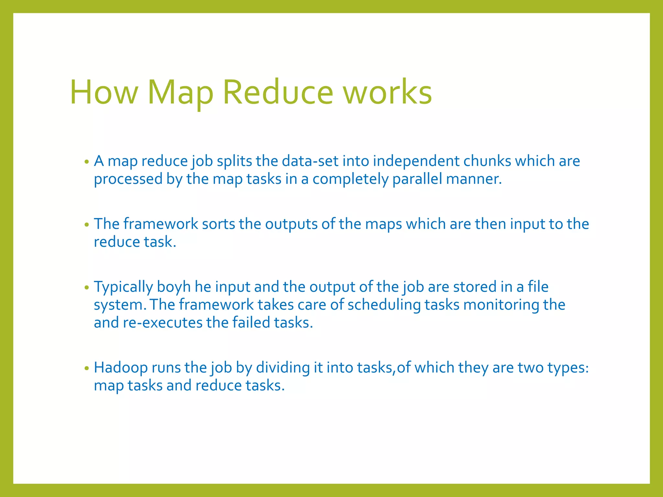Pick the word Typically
click(x=123, y=287)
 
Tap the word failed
click(x=251, y=323)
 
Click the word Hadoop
click(x=121, y=368)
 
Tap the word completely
click(x=350, y=179)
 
